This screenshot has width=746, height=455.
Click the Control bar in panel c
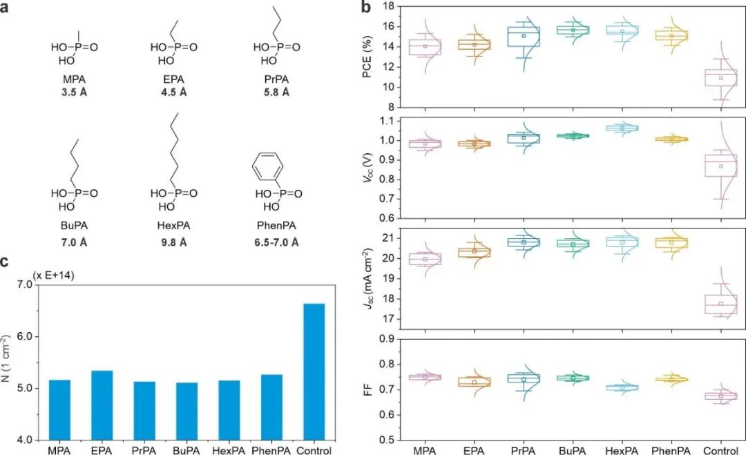(x=314, y=371)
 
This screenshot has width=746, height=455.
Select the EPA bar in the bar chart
(x=102, y=405)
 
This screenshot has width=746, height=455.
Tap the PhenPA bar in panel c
(x=271, y=407)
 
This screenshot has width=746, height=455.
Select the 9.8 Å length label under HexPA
(x=173, y=243)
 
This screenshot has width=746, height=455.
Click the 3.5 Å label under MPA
(x=74, y=92)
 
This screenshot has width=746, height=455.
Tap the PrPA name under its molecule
(x=276, y=79)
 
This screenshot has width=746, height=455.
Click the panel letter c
(x=5, y=261)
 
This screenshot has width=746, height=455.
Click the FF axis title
(x=367, y=390)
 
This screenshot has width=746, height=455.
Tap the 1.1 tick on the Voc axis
(x=389, y=121)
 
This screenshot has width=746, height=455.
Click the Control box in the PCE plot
(x=721, y=77)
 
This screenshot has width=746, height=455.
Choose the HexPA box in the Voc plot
(x=622, y=128)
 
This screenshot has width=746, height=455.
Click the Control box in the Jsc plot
(x=721, y=304)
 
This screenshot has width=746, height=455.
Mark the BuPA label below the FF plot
(x=573, y=449)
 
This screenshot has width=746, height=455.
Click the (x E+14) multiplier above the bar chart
(x=53, y=275)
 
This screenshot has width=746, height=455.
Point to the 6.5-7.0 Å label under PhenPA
(x=276, y=243)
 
